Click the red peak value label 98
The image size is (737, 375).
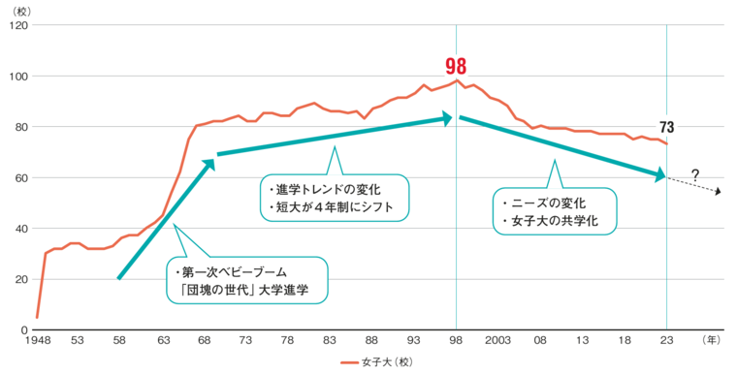click(456, 66)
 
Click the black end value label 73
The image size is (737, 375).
click(666, 127)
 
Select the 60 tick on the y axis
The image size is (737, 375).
click(22, 178)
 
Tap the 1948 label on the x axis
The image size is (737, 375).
click(38, 341)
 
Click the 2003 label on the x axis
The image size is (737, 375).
click(498, 341)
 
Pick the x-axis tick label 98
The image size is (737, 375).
click(456, 341)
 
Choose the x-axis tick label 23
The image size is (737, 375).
click(666, 341)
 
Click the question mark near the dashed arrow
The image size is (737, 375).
click(694, 174)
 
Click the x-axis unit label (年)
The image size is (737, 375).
click(711, 341)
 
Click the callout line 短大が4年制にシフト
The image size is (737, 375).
click(329, 205)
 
